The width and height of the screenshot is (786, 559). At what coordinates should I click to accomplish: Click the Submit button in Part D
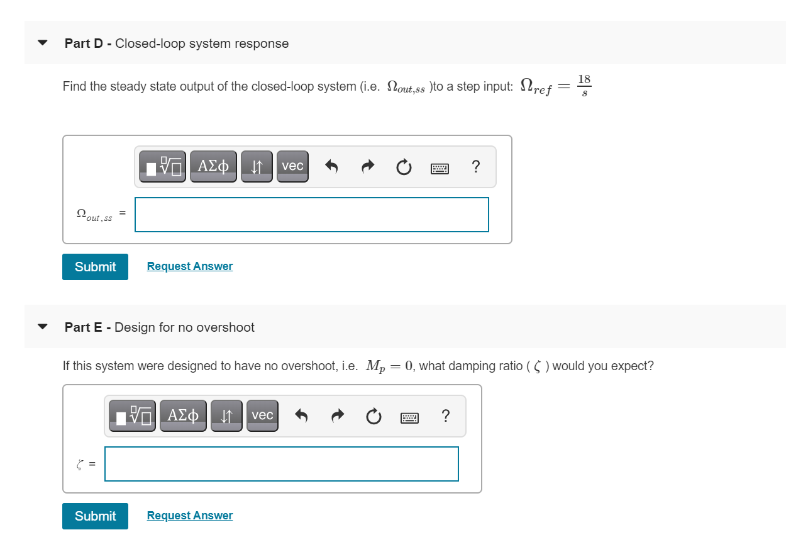point(95,267)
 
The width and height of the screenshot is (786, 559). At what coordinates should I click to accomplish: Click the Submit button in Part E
point(95,516)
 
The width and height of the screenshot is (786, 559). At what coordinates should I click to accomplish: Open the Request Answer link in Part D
point(190,266)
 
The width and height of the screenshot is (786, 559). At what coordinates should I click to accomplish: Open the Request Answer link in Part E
point(190,516)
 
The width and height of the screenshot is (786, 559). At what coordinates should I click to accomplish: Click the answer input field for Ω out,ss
point(312,215)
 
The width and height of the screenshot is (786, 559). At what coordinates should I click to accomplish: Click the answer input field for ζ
point(282,464)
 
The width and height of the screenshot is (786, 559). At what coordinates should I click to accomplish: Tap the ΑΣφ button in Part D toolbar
point(214,166)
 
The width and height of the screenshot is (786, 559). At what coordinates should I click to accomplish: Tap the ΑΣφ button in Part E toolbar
point(183,415)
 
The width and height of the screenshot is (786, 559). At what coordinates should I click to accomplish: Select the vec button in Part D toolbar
point(292,166)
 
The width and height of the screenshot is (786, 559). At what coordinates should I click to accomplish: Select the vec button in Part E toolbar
point(262,415)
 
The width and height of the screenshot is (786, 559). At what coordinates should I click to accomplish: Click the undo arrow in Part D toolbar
point(332,167)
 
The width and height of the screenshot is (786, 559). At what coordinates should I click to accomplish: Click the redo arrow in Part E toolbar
point(338,416)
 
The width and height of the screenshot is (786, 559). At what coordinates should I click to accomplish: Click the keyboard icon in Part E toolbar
point(409,417)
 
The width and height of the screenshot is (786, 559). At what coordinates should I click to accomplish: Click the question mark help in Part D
point(475,167)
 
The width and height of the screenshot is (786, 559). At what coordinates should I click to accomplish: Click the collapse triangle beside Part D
point(42,43)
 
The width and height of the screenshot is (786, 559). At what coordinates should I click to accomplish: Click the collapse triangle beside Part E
point(42,327)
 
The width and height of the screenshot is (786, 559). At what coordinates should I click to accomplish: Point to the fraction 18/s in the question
point(584,85)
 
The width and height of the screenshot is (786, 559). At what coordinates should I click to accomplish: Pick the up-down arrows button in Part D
point(257,167)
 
